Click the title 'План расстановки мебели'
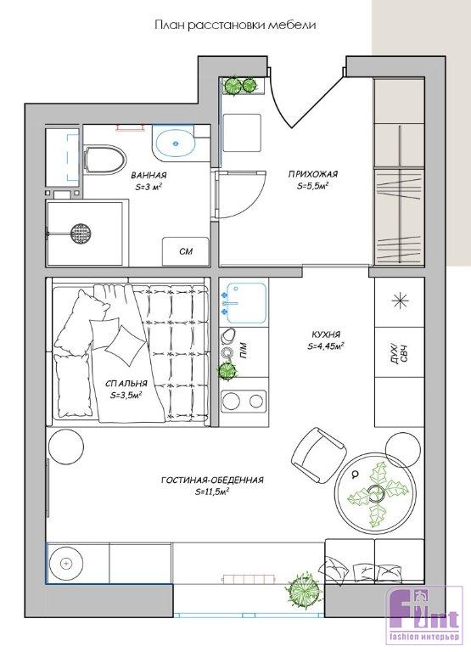(235, 25)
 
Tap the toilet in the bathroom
(104, 160)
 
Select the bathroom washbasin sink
(173, 143)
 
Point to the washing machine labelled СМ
(185, 251)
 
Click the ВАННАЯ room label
(149, 175)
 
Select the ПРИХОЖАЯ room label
(313, 174)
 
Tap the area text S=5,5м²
(313, 186)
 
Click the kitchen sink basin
(246, 303)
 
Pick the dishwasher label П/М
(244, 351)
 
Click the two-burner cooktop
(244, 401)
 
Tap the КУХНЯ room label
(327, 334)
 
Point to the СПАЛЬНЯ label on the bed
(126, 384)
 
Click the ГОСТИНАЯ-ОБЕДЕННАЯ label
(212, 481)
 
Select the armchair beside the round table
(318, 456)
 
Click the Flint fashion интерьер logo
(423, 618)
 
